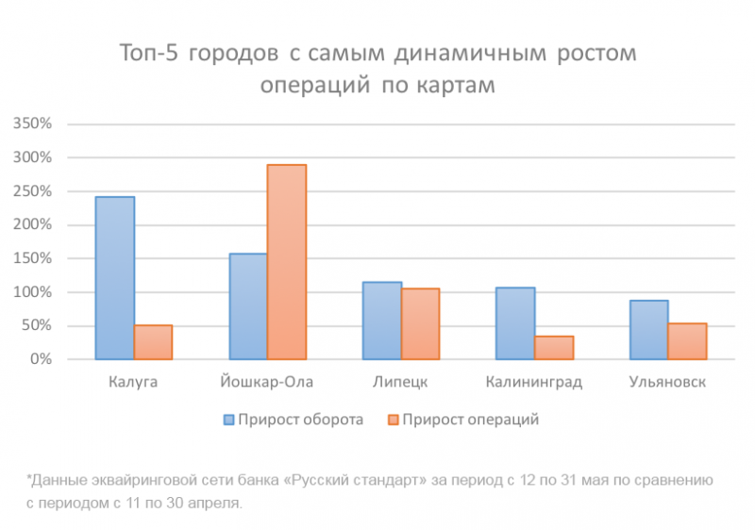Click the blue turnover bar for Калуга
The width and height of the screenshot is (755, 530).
pyautogui.click(x=115, y=278)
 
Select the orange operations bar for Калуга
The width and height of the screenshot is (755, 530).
pyautogui.click(x=153, y=342)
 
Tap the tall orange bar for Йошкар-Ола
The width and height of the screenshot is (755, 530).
pyautogui.click(x=287, y=262)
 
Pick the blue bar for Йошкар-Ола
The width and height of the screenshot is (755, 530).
pyautogui.click(x=248, y=306)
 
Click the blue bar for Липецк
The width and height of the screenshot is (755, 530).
pyautogui.click(x=382, y=321)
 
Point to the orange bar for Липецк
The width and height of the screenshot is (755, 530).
pyautogui.click(x=420, y=323)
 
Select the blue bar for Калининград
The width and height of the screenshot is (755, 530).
pyautogui.click(x=515, y=323)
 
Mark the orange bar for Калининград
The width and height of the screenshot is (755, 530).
pyautogui.click(x=554, y=348)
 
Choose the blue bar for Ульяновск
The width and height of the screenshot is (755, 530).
pyautogui.click(x=649, y=330)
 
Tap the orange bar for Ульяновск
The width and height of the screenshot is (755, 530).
pyautogui.click(x=687, y=341)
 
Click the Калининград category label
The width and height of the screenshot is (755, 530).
pyautogui.click(x=534, y=382)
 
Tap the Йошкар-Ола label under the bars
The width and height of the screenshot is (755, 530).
pyautogui.click(x=267, y=382)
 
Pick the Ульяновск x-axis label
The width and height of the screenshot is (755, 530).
pyautogui.click(x=667, y=382)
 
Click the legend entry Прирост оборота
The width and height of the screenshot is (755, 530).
pyautogui.click(x=293, y=420)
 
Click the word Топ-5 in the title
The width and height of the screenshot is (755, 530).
pyautogui.click(x=148, y=53)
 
